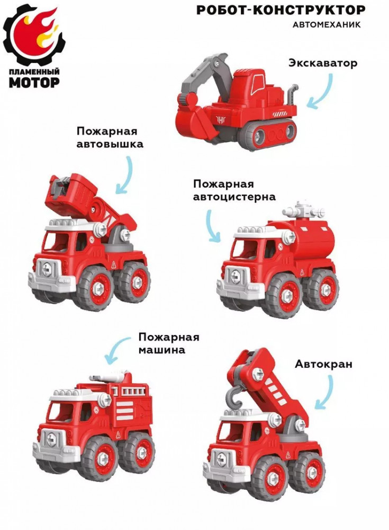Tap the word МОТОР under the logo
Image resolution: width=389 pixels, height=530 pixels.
pyautogui.click(x=34, y=82)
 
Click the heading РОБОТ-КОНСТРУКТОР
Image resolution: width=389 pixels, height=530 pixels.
pyautogui.click(x=281, y=11)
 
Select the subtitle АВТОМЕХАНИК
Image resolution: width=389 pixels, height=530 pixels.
pyautogui.click(x=326, y=25)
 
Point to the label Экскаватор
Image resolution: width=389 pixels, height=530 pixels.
pyautogui.click(x=323, y=63)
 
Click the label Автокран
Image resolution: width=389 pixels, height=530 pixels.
pyautogui.click(x=324, y=364)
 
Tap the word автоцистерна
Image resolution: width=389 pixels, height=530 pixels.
pyautogui.click(x=234, y=197)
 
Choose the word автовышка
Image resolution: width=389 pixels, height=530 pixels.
pyautogui.click(x=110, y=144)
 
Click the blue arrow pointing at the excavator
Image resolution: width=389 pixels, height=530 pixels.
pyautogui.click(x=324, y=93)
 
